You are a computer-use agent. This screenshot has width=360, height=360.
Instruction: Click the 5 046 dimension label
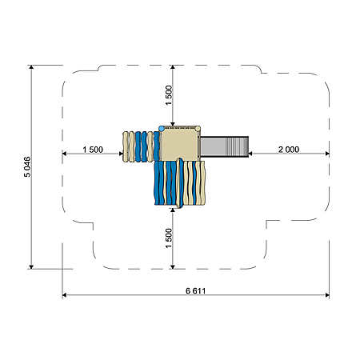click(x=27, y=166)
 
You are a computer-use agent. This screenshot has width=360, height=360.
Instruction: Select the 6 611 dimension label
click(x=195, y=290)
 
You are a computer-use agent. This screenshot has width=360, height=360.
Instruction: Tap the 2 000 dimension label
click(x=289, y=150)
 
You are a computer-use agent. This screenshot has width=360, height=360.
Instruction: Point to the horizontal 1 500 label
click(x=93, y=150)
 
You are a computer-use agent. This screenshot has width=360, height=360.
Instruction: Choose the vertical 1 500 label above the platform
click(x=169, y=95)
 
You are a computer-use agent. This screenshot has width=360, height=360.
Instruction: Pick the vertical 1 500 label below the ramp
click(x=169, y=238)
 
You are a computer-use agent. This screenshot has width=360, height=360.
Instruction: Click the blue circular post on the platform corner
click(x=162, y=129)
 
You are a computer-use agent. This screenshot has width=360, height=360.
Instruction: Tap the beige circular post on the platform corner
click(x=198, y=129)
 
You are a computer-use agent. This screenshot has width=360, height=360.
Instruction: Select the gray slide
click(x=225, y=146)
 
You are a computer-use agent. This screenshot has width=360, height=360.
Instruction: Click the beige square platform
click(x=180, y=144)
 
